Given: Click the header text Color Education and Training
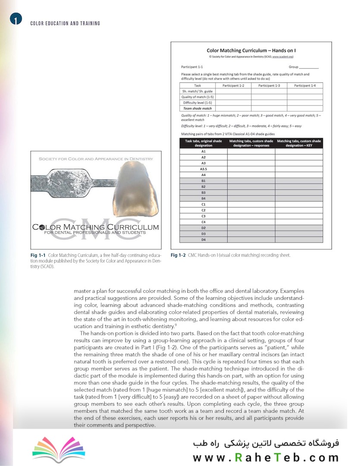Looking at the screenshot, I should [65, 23].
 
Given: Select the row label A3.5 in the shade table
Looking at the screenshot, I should [203, 170].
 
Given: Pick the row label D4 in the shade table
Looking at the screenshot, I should [203, 239].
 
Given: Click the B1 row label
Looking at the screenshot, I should [203, 181].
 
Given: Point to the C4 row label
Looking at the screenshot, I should [203, 222].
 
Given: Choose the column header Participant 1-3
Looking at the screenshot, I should [269, 85].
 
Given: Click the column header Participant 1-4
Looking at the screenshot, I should [305, 85].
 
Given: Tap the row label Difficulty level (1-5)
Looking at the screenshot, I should [197, 103].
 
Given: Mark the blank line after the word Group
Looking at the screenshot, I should [309, 68].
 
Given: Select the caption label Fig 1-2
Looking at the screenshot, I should [178, 255].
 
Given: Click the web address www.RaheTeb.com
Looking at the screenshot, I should [266, 457].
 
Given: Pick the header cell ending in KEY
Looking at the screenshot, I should [299, 143].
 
